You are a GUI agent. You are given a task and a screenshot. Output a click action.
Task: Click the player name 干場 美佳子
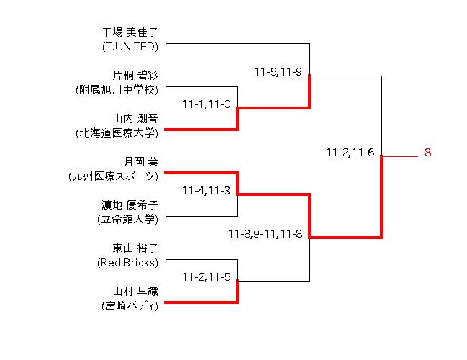tap(130, 32)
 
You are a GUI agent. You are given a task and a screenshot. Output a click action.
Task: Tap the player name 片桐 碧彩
tap(135, 76)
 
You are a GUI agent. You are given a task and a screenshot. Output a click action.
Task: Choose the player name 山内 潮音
tap(135, 119)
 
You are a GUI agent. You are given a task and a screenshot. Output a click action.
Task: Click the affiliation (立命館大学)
tap(127, 219)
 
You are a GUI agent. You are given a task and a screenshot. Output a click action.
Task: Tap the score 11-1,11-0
tap(207, 104)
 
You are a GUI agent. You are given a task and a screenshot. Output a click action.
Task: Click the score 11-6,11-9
tap(278, 71)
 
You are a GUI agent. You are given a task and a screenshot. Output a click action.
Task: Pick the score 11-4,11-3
tap(207, 191)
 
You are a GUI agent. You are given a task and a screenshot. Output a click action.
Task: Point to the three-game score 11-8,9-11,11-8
tap(265, 234)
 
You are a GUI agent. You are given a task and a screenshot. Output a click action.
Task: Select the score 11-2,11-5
tap(207, 276)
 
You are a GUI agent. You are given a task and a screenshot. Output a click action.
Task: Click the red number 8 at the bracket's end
tap(427, 153)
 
